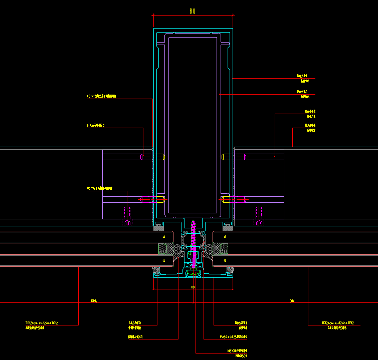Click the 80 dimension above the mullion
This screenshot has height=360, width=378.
click(192, 11)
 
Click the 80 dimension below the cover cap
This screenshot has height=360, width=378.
click(193, 287)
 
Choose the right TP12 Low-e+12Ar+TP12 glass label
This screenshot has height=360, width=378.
click(338, 323)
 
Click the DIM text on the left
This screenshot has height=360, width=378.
click(94, 301)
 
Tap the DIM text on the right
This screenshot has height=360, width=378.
click(292, 301)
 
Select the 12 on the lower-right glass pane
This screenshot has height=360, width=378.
click(225, 261)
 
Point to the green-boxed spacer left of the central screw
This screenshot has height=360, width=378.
click(165, 248)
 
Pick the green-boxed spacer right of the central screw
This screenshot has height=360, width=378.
click(221, 248)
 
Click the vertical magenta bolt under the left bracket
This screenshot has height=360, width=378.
click(127, 216)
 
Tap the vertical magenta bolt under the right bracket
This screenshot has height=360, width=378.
click(259, 216)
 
